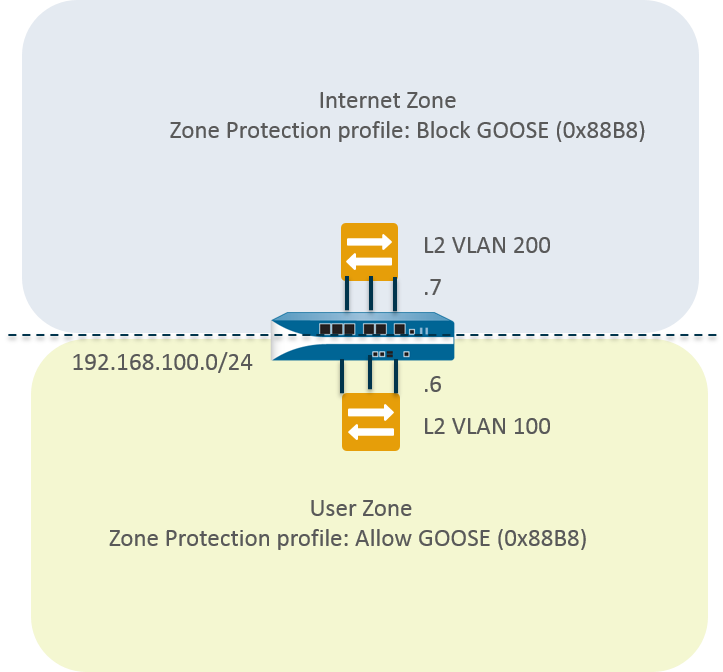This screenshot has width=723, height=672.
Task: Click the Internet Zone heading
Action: (x=387, y=100)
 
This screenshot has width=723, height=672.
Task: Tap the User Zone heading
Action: (x=361, y=509)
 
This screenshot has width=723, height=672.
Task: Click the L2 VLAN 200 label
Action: (x=487, y=245)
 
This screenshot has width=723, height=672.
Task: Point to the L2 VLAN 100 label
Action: (x=487, y=426)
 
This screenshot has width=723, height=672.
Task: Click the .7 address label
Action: (x=433, y=289)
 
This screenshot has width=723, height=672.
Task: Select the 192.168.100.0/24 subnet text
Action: (x=162, y=362)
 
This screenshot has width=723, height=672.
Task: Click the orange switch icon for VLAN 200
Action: (x=369, y=250)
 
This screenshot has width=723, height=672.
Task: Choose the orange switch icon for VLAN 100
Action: (x=370, y=422)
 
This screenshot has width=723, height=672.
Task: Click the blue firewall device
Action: (x=363, y=337)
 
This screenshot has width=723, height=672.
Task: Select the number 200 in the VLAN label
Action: (x=531, y=245)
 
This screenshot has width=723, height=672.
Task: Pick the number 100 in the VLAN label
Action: (x=531, y=426)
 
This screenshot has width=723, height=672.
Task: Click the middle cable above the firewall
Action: (x=371, y=296)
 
